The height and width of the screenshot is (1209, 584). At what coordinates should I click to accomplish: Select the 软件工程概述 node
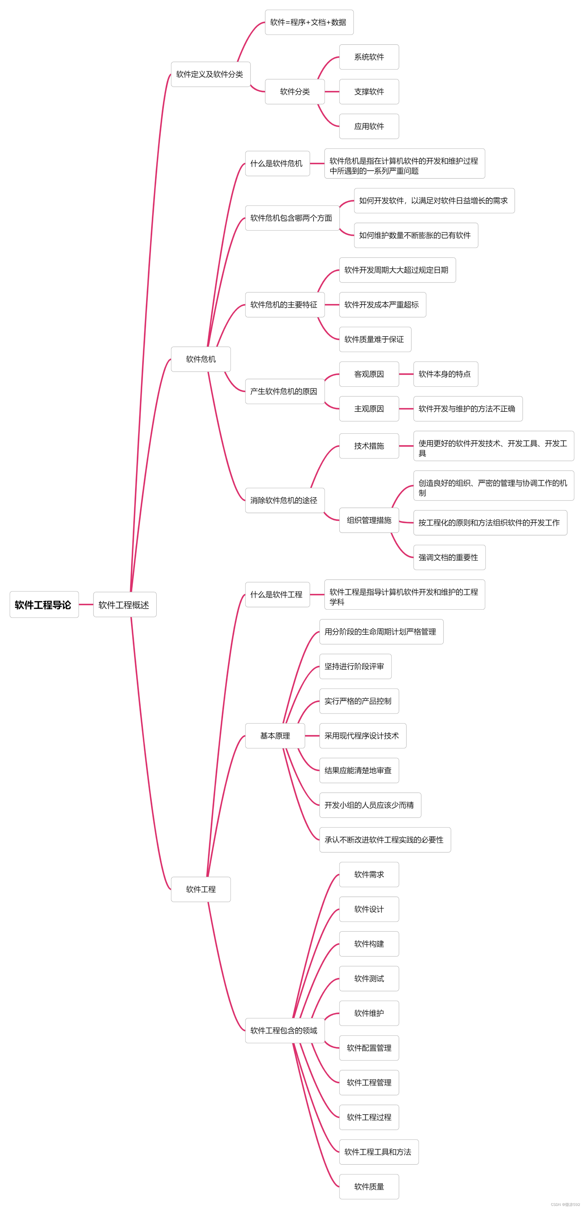click(x=124, y=604)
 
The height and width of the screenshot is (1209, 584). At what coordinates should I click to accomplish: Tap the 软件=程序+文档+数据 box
click(x=309, y=22)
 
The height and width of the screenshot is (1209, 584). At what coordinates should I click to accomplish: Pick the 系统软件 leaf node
click(x=369, y=57)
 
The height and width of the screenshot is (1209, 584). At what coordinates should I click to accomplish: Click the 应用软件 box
click(x=369, y=126)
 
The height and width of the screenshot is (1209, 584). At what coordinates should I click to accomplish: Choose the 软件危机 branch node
click(x=200, y=359)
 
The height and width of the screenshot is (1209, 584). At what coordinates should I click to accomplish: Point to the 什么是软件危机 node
click(x=277, y=163)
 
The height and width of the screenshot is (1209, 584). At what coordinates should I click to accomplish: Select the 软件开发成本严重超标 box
click(x=382, y=305)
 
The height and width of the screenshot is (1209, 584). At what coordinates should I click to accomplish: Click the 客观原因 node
click(x=369, y=374)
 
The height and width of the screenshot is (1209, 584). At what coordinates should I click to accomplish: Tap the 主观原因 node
click(x=369, y=409)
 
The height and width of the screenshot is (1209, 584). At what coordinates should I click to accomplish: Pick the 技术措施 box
click(x=369, y=446)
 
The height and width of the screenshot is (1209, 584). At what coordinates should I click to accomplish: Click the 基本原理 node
click(x=275, y=736)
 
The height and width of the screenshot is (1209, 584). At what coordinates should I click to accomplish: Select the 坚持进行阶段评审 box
click(x=355, y=666)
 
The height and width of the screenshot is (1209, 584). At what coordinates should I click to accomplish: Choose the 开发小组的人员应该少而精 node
click(x=370, y=805)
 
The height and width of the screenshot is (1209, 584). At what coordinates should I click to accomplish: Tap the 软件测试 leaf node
click(x=369, y=979)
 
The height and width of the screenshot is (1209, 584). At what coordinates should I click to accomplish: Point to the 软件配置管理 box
click(x=369, y=1048)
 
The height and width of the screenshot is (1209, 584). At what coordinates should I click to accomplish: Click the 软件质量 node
click(x=369, y=1187)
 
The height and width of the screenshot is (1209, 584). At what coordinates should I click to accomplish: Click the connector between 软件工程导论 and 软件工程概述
click(x=86, y=604)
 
